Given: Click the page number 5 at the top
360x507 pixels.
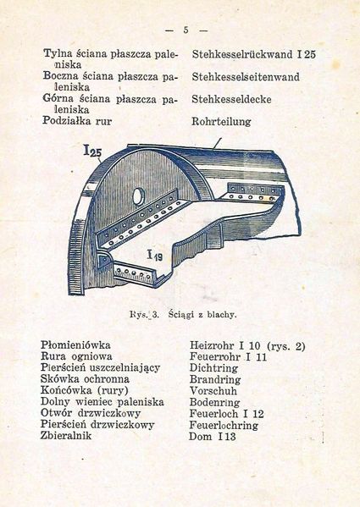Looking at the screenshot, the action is click(185, 30).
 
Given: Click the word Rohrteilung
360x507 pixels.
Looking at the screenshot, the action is click(221, 121).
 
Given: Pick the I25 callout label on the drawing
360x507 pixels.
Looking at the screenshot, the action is click(94, 152).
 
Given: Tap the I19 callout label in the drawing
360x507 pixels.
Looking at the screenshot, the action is click(155, 254).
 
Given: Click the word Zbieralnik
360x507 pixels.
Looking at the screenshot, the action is click(71, 436).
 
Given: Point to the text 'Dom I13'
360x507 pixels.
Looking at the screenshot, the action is click(212, 436).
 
